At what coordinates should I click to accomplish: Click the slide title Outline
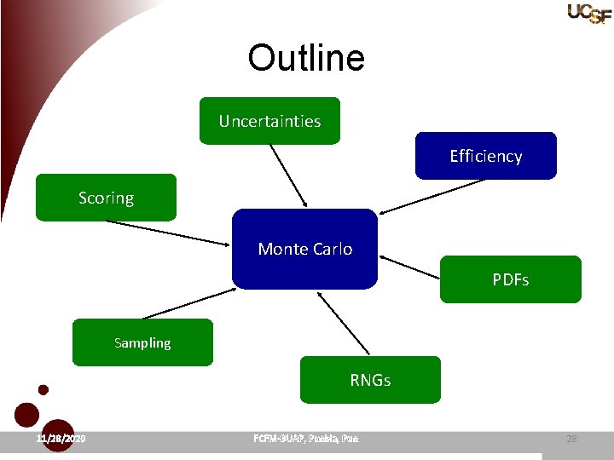pos(306,58)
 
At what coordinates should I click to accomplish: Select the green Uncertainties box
pos(269,121)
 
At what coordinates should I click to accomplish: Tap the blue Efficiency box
pos(485,156)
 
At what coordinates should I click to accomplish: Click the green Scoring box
pos(106,198)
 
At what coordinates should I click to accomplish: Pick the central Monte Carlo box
pos(304,249)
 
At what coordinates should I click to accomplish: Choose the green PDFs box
pos(510,279)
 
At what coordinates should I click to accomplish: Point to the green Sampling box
pos(142,342)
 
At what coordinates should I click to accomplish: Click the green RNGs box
pos(370,380)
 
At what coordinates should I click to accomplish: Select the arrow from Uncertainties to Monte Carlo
pos(288,175)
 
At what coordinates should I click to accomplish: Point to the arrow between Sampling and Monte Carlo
pos(189,302)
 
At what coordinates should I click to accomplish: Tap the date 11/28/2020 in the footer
pos(61,439)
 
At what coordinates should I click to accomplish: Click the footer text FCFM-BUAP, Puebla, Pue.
pos(306,439)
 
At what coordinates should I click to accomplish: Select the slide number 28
pos(571,439)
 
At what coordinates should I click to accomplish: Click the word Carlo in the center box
pos(333,249)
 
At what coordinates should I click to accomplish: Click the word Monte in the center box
pos(281,249)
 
